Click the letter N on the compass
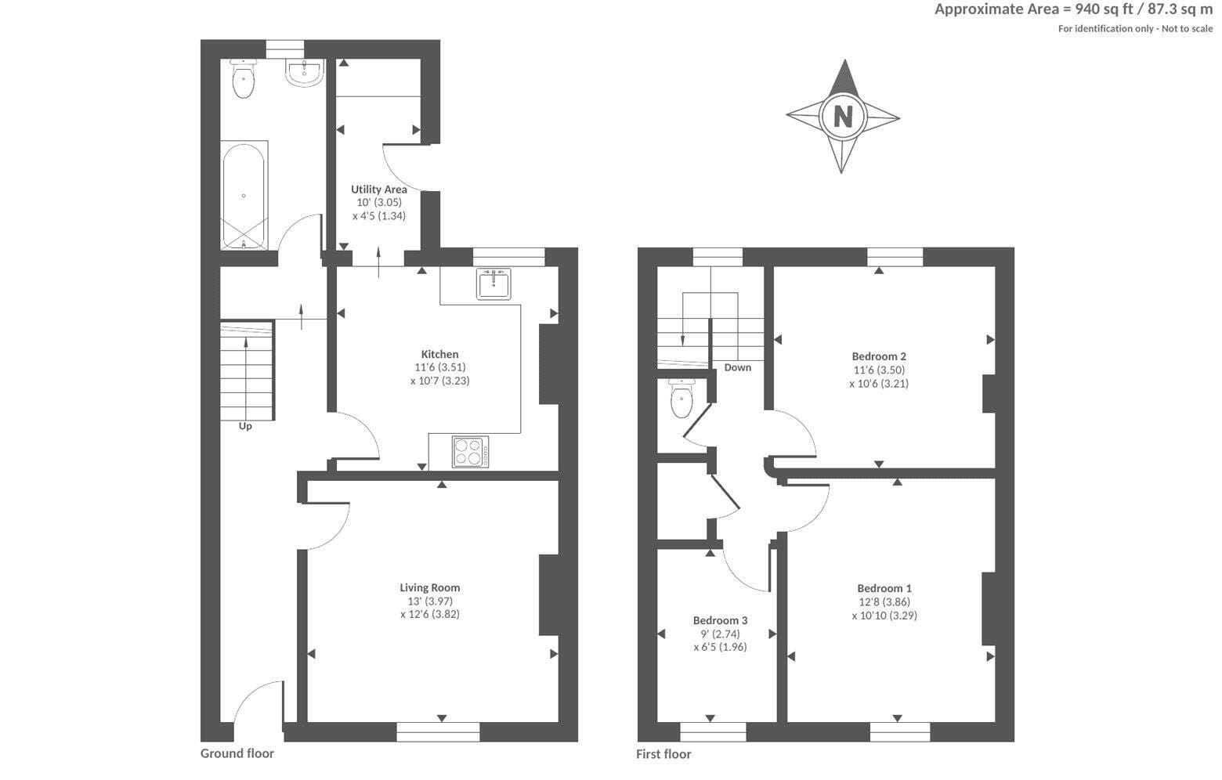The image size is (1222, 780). tap(843, 116)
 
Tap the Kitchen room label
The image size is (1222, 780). tap(439, 354)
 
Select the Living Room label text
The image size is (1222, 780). tap(430, 587)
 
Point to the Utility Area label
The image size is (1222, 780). tap(378, 190)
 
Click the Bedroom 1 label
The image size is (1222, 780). tap(884, 588)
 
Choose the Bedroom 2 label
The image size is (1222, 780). tap(879, 356)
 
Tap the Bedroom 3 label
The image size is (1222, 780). tap(720, 620)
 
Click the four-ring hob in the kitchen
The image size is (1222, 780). tap(470, 452)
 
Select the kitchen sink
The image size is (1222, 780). tap(493, 283)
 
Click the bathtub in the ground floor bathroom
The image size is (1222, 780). tap(244, 195)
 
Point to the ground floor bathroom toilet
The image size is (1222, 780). tap(244, 78)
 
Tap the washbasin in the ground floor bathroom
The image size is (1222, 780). tap(305, 73)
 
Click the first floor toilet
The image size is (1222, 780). tap(682, 399)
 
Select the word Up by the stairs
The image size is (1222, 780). tap(245, 426)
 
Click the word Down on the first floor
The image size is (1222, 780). tap(738, 367)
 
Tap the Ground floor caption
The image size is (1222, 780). tap(237, 753)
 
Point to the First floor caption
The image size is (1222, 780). tap(663, 754)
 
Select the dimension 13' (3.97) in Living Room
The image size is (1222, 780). tap(430, 601)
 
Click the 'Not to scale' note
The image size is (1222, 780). tap(1187, 29)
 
